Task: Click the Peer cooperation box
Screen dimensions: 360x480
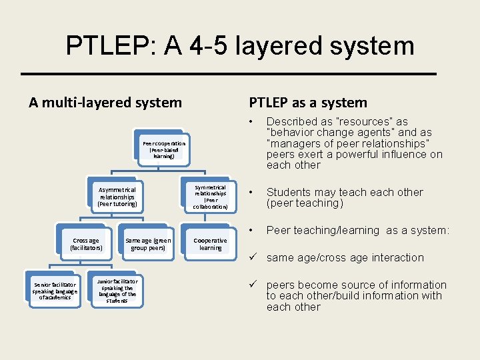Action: pos(164,149)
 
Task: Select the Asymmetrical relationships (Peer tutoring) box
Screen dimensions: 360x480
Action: pos(117,197)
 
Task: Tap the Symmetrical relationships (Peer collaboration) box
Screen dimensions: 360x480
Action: pos(211,197)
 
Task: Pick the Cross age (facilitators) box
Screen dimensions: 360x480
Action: pos(86,245)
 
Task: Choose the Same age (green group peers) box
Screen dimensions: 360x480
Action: pos(148,245)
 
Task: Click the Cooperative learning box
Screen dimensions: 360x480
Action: pos(211,245)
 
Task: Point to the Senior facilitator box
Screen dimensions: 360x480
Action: pos(55,291)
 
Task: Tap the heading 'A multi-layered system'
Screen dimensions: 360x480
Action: pos(105,103)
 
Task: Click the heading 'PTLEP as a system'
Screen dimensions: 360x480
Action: pos(308,103)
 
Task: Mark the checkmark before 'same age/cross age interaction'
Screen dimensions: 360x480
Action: pos(253,257)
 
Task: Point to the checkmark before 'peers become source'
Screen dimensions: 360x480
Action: pos(253,285)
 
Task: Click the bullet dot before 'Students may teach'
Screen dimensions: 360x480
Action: pos(251,192)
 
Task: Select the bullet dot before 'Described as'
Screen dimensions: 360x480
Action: pos(251,121)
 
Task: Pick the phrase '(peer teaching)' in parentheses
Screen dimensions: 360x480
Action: pos(305,203)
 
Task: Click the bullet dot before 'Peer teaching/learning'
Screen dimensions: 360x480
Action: pos(251,230)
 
